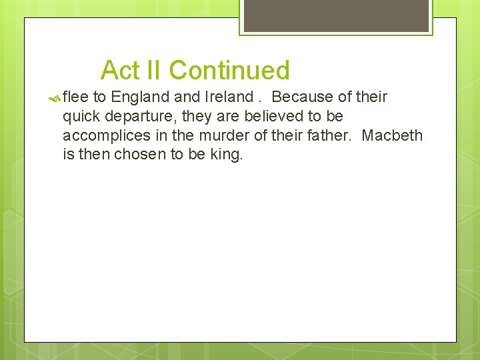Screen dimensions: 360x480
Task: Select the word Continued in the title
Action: coord(229,70)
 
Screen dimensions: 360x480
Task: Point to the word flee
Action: coord(75,97)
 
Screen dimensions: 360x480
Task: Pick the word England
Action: coord(141,97)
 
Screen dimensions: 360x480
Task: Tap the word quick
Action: coord(81,117)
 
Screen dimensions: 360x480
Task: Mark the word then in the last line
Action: coord(94,155)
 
